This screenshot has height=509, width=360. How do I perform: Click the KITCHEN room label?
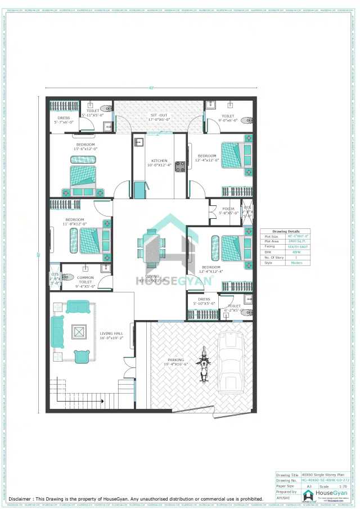(x=159, y=161)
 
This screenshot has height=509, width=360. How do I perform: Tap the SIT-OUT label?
(x=159, y=115)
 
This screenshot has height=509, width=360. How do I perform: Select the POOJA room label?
(x=228, y=209)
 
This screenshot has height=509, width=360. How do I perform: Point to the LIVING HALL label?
(x=111, y=335)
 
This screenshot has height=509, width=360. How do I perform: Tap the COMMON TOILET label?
(x=85, y=277)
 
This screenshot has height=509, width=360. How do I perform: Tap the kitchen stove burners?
(x=181, y=166)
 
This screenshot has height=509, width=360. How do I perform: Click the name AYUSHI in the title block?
(x=283, y=497)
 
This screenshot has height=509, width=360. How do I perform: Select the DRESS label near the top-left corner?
(x=64, y=118)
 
